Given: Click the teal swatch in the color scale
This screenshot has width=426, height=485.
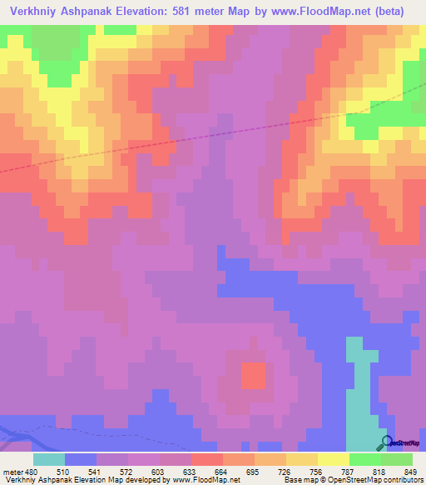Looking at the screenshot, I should (49, 459).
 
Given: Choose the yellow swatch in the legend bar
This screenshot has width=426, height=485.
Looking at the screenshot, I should (334, 459).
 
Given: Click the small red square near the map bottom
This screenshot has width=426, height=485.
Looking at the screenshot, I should (254, 376).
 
